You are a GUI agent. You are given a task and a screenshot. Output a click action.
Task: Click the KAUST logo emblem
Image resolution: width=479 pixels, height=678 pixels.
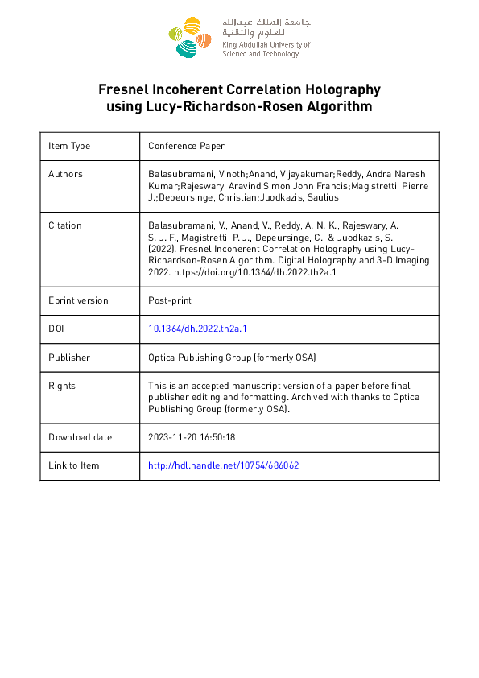coord(190,37)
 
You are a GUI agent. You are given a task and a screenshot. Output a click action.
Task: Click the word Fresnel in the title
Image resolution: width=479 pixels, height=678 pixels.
coord(123,89)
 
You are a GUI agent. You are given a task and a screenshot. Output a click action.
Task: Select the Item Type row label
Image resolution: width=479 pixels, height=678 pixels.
coord(69,146)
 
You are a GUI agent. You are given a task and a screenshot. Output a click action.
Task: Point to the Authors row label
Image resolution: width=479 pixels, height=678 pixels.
coord(65,173)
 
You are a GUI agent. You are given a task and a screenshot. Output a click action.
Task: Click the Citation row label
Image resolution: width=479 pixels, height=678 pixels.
coord(65,225)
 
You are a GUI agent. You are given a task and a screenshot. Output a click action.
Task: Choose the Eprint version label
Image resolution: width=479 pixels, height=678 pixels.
coord(78,300)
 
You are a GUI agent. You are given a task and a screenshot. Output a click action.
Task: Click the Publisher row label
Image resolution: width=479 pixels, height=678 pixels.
coord(69,357)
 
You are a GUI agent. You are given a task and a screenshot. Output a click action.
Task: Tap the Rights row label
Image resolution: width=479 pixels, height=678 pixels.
coord(62,386)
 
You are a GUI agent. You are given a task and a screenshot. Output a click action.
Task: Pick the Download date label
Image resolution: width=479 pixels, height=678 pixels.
coord(80,437)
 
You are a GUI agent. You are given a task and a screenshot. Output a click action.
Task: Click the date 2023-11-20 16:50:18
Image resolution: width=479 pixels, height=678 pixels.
coord(192,437)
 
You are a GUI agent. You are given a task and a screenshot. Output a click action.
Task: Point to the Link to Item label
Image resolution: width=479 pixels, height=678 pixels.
coord(74,465)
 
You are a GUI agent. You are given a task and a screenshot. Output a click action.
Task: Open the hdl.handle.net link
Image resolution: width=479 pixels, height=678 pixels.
coord(224,465)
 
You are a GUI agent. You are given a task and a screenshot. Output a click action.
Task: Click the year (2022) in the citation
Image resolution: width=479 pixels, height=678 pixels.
coord(161,250)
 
